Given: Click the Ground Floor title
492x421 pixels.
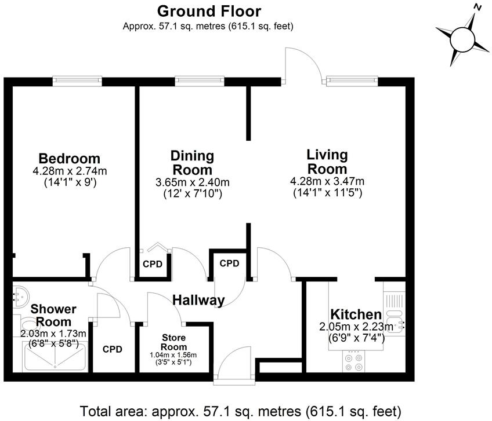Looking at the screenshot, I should [209, 11].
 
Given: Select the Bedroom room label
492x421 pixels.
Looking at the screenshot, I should [69, 159].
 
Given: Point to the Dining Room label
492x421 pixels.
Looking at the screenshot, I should [192, 163].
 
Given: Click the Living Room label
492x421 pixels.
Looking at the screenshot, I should [327, 162].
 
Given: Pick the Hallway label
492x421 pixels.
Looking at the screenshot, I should [198, 300].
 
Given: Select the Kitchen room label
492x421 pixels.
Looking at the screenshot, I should [357, 314].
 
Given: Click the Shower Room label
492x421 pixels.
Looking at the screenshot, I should [51, 315].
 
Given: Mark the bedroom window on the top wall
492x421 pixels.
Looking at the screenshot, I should [77, 80].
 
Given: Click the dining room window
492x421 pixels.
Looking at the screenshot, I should [200, 80].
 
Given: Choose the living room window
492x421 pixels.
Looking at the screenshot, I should [352, 80].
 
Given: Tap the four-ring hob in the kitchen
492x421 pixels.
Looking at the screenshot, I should [355, 362].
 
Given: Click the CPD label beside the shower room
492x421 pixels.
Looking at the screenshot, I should [113, 349].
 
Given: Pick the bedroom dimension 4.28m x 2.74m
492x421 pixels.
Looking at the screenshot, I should [70, 171].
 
